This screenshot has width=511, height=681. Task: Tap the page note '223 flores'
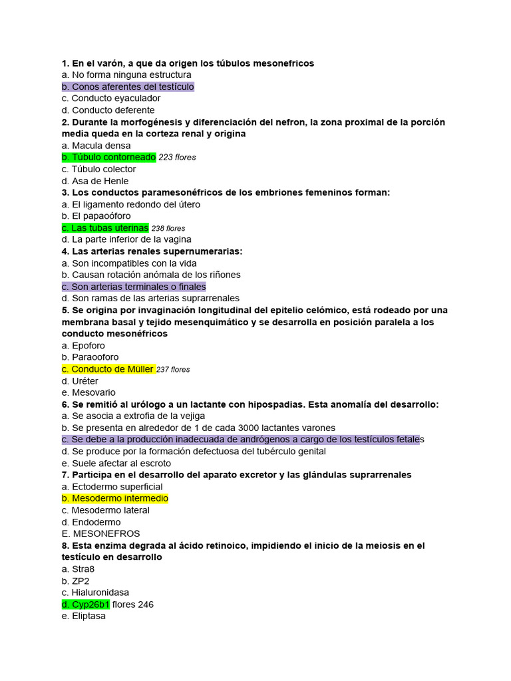pos(178,158)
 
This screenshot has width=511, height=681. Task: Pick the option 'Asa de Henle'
pos(100,181)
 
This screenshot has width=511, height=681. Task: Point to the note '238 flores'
pos(168,228)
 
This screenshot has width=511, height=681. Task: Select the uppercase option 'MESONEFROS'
pos(106,533)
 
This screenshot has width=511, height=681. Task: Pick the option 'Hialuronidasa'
pos(100,593)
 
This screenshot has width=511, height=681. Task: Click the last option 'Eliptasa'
pos(88,616)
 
